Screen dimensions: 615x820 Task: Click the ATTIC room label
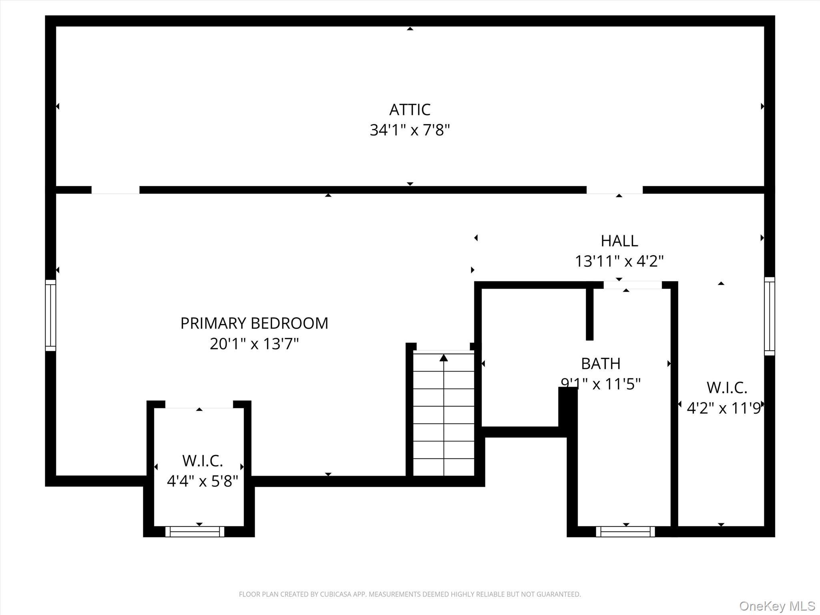410,109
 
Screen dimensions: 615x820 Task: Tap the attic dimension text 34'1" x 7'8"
410,130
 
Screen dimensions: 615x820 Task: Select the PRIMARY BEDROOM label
254,323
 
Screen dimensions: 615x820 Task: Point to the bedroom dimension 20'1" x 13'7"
254,344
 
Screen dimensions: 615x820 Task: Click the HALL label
619,241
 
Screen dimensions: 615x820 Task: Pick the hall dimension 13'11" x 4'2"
619,261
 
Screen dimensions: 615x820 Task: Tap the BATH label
601,364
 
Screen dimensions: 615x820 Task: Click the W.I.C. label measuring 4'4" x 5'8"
202,461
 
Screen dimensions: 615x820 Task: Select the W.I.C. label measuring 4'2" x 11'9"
726,388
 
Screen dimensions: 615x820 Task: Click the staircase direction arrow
444,358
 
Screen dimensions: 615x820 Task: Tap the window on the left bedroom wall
50,315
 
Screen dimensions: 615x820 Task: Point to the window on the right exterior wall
769,316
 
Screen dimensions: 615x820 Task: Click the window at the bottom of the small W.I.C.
195,531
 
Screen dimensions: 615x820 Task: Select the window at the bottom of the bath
625,531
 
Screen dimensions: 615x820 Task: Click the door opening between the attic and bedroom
115,190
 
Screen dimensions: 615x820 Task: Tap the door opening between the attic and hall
614,190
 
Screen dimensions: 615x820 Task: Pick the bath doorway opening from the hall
632,285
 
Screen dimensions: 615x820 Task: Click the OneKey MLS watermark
777,606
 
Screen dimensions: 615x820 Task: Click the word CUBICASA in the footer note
336,594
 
